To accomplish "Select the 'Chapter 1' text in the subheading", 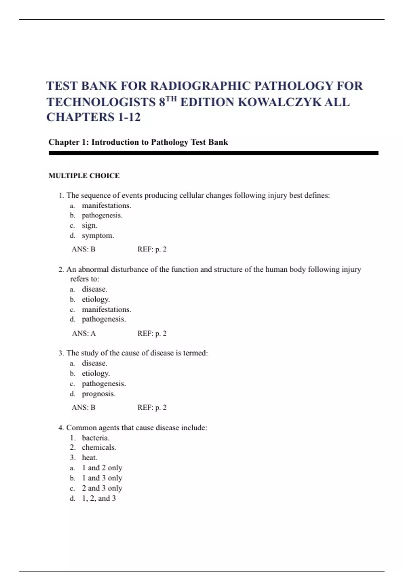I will [68, 142].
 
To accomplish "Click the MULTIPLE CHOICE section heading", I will [84, 176].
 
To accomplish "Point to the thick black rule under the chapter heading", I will [213, 153].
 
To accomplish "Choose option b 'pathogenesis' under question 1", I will [102, 215].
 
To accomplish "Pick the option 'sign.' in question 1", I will [89, 225].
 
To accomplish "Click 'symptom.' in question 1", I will [98, 236].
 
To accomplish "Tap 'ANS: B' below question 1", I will [83, 249].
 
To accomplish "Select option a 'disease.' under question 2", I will [94, 289].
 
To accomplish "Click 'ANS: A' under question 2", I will [83, 333].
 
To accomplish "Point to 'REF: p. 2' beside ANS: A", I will [152, 333].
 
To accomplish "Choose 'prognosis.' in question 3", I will [98, 394].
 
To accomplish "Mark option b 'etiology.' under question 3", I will [96, 373].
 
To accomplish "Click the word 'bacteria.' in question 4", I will [95, 438].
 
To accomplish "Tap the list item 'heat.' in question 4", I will [89, 458].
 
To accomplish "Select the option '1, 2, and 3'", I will [99, 498].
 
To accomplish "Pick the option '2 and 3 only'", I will [102, 488].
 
